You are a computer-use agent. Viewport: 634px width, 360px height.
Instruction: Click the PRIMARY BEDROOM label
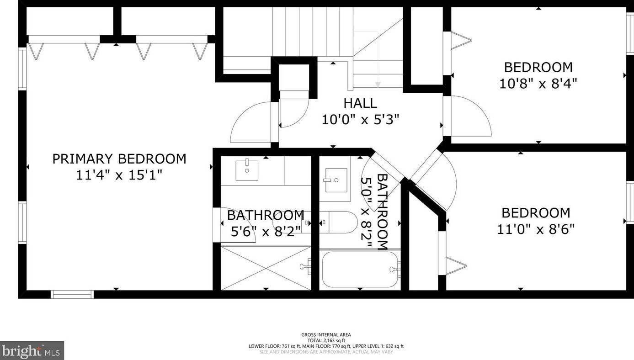click(x=119, y=159)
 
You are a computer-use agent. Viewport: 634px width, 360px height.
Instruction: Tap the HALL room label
click(x=360, y=103)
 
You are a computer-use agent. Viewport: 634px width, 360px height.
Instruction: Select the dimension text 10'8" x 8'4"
click(x=538, y=84)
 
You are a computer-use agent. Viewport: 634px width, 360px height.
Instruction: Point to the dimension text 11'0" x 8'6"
click(x=536, y=229)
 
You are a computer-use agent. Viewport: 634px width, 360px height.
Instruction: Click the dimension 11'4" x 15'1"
click(x=119, y=175)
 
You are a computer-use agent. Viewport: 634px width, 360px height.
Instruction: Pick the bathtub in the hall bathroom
click(x=360, y=270)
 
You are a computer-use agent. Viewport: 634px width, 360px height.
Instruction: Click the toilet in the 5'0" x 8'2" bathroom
click(x=338, y=222)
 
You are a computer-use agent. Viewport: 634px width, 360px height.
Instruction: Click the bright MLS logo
click(x=32, y=350)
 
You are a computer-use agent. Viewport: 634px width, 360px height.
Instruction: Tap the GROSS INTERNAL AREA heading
click(x=326, y=335)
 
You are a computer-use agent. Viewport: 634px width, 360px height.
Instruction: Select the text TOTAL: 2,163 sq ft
click(x=326, y=340)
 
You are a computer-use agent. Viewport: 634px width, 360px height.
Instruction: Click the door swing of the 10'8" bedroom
click(x=469, y=116)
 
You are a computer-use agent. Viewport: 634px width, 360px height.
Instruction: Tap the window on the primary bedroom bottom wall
click(x=72, y=294)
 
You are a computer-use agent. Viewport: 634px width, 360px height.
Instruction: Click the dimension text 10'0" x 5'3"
click(x=360, y=120)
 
